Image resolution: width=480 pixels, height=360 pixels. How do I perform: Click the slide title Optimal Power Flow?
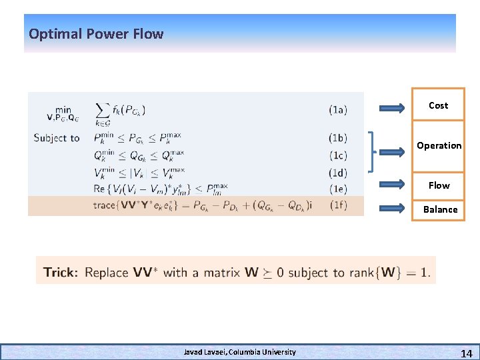96,34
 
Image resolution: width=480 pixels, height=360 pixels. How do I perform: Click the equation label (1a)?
337,110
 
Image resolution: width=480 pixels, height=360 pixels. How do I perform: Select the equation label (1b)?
337,138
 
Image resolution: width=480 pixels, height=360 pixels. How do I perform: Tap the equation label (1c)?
337,155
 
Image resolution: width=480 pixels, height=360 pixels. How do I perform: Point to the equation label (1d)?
337,172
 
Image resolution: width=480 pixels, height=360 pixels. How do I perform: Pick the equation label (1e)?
337,189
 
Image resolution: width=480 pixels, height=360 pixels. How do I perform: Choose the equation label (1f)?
337,205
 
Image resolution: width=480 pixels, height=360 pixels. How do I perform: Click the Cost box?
438,105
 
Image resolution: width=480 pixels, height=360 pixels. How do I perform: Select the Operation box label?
439,145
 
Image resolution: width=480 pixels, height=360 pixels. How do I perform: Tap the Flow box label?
439,185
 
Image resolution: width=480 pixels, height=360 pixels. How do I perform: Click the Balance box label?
440,209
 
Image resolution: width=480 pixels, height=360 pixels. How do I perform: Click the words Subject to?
57,138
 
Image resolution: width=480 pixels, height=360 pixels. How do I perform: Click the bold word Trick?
60,272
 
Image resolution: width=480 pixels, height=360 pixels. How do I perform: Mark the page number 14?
466,352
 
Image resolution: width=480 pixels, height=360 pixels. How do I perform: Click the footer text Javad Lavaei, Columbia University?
239,351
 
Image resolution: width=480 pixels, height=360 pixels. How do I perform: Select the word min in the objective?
63,109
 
